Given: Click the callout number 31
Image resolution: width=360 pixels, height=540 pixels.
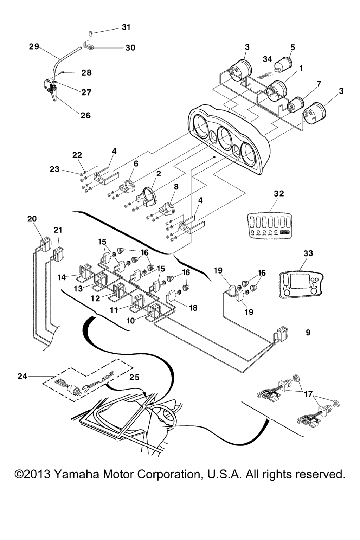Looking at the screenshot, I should pyautogui.click(x=126, y=27).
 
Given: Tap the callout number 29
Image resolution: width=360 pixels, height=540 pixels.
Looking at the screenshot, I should pyautogui.click(x=34, y=46).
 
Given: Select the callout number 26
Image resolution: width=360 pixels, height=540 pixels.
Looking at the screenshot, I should pyautogui.click(x=85, y=115).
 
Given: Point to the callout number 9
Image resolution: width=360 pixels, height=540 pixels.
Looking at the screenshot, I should pyautogui.click(x=308, y=332).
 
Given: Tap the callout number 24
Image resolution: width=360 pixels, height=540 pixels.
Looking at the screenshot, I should pyautogui.click(x=22, y=376).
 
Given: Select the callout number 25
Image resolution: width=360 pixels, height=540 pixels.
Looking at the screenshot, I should pyautogui.click(x=134, y=377).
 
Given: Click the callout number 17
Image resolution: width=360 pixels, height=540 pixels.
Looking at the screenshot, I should pyautogui.click(x=308, y=394).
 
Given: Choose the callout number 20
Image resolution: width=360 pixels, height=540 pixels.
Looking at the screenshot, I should pyautogui.click(x=32, y=219).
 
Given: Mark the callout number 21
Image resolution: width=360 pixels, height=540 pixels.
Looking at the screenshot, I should pyautogui.click(x=58, y=230).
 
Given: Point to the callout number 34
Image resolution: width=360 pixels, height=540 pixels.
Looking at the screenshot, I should pyautogui.click(x=268, y=59).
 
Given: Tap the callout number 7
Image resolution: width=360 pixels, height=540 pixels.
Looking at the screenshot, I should pyautogui.click(x=319, y=84).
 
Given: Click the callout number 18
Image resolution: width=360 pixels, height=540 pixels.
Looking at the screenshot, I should pyautogui.click(x=193, y=308).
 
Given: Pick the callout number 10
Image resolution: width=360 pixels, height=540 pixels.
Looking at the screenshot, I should pyautogui.click(x=130, y=321).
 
